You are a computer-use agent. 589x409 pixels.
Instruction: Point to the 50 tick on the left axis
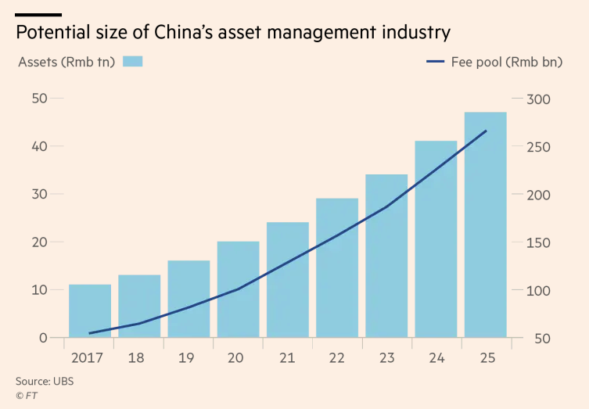[40, 99]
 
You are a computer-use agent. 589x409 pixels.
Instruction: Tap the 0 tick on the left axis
[44, 339]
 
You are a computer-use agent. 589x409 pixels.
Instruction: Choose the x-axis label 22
[336, 358]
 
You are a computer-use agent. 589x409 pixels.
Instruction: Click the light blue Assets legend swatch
[133, 62]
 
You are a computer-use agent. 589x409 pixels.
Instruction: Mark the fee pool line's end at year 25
[486, 131]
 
